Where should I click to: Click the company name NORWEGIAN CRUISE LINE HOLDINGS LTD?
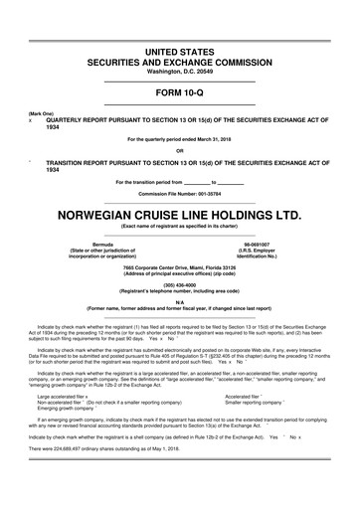pos(180,214)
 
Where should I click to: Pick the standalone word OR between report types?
pos(180,150)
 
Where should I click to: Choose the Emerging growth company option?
pos(66,408)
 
